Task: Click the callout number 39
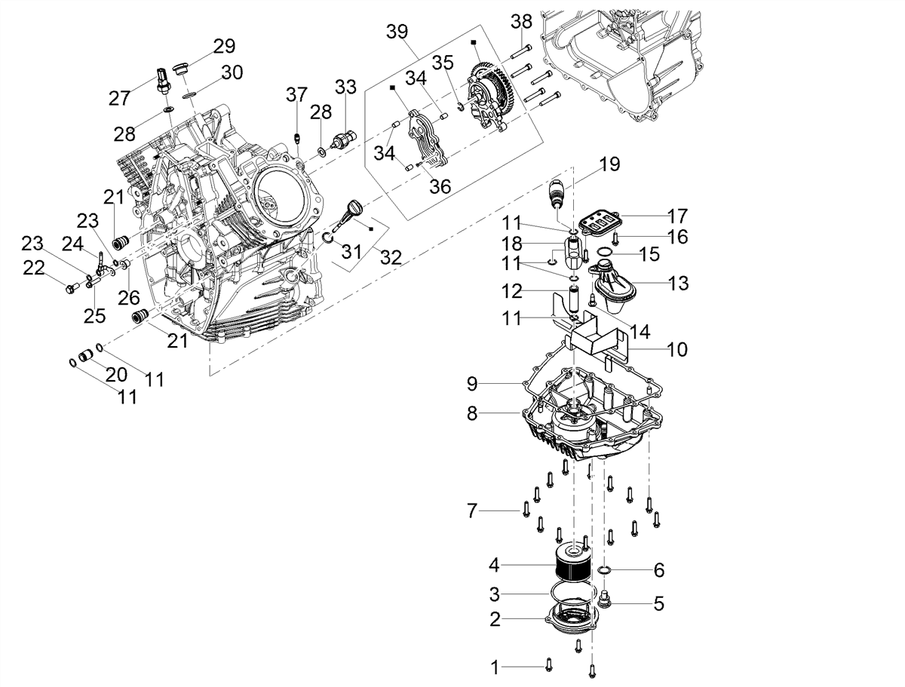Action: (x=397, y=32)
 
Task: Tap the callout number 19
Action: (x=610, y=164)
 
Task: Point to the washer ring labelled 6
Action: (x=603, y=570)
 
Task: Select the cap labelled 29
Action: (x=179, y=69)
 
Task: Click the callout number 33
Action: (x=345, y=87)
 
